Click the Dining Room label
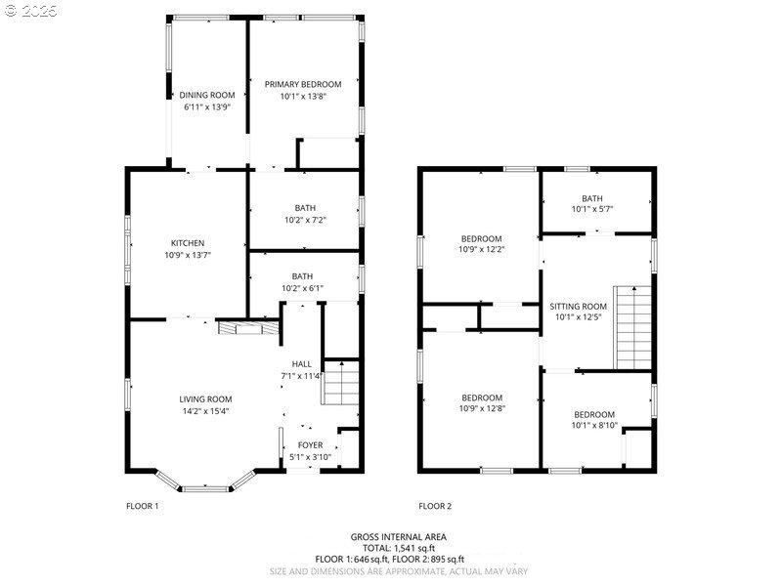coord(207,95)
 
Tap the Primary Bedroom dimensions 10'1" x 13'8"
coord(303,96)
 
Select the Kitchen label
coord(187,243)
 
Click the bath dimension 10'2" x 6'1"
coord(302,288)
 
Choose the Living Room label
coord(205,398)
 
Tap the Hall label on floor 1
coord(301,363)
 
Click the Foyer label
coord(311,445)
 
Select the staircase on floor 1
coord(341,382)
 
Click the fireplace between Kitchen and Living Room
coord(239,328)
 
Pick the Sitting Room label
coord(579,306)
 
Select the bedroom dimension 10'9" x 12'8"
coord(481,409)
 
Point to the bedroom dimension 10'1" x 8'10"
coord(593,426)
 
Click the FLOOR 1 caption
coord(142,506)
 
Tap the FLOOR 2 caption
coord(435,506)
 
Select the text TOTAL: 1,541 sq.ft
coord(390,548)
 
